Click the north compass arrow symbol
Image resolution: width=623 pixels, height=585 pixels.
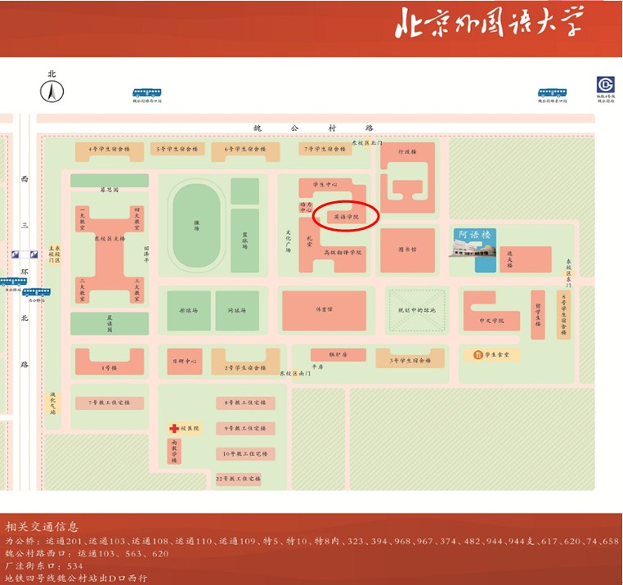(x=52, y=92)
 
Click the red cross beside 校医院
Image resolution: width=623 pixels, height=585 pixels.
(x=174, y=428)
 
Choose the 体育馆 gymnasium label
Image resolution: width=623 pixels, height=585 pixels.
(x=325, y=310)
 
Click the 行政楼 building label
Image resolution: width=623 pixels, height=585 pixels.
(x=407, y=151)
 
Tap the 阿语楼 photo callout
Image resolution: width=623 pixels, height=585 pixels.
(x=475, y=250)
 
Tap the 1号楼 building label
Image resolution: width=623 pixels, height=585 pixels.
(x=110, y=367)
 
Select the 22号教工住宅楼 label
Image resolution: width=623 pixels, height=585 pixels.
(x=238, y=478)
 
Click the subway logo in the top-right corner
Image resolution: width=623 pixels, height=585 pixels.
(x=605, y=85)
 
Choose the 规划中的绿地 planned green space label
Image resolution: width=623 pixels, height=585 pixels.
(x=416, y=310)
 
